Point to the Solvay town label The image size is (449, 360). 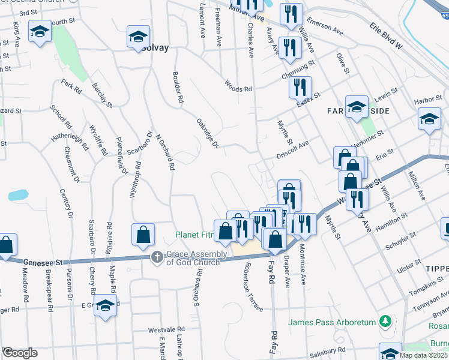click(x=155, y=47)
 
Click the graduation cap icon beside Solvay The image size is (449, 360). click(x=137, y=37)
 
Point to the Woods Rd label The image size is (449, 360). click(x=238, y=86)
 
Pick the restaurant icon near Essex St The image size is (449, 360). click(x=300, y=86)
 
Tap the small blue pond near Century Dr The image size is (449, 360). click(x=18, y=196)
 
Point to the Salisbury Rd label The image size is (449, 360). click(x=327, y=350)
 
